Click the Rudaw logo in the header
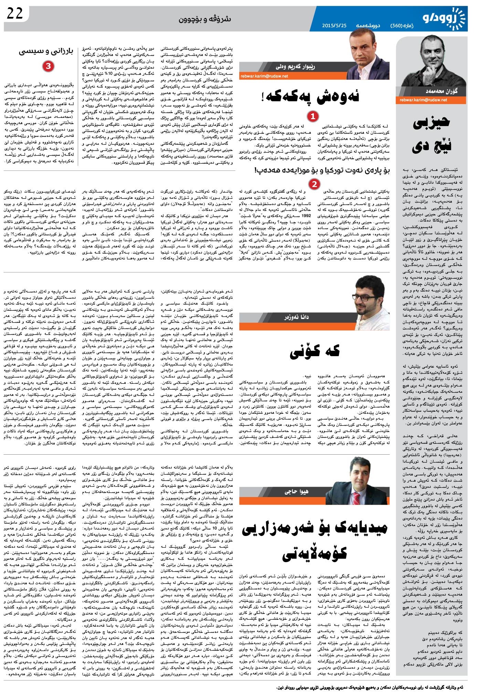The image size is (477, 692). [x=444, y=18]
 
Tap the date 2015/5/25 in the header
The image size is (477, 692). [x=334, y=25]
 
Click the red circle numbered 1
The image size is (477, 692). [x=312, y=116]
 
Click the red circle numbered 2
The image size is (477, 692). [x=314, y=184]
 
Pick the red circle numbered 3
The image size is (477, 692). [x=48, y=66]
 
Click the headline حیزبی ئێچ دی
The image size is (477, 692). [x=431, y=133]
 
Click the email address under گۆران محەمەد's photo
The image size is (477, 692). [x=423, y=100]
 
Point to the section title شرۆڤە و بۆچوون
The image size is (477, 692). [x=204, y=19]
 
